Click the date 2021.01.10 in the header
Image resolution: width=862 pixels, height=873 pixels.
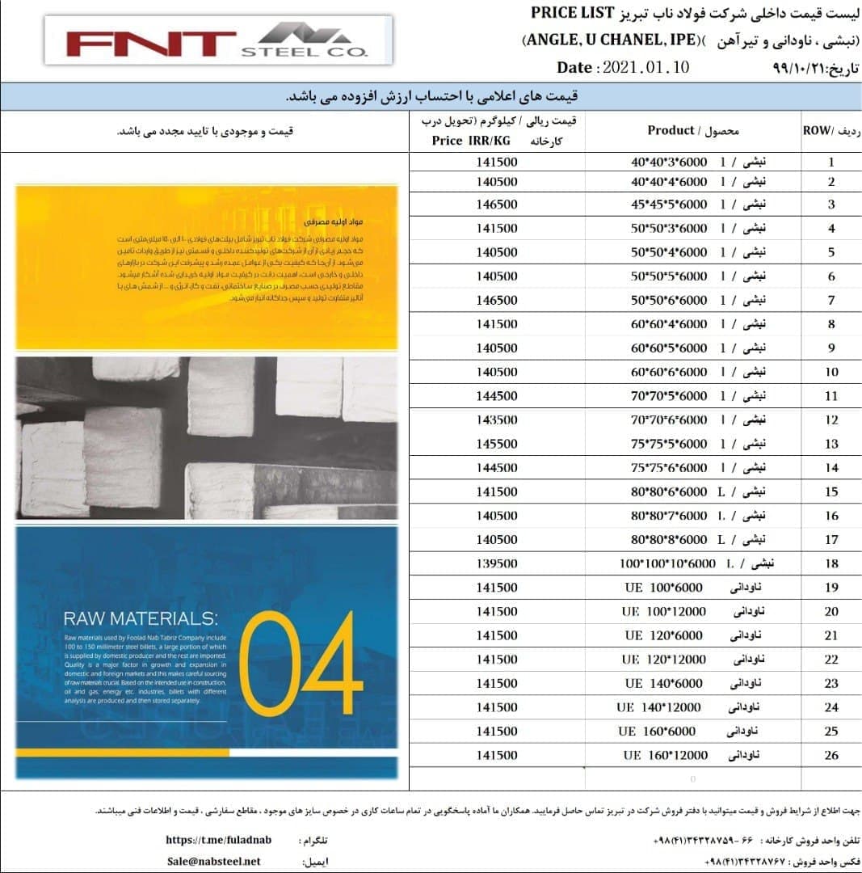point(645,68)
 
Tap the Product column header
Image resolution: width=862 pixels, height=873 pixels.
point(671,130)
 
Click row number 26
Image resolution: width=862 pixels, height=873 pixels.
point(831,757)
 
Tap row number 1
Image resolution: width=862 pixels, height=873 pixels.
point(831,162)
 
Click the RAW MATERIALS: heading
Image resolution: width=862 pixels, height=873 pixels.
point(140,619)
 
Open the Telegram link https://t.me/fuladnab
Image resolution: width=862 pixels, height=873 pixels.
point(218,840)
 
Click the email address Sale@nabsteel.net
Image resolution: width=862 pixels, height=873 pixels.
point(213,861)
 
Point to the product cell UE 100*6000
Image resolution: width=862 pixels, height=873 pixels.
point(664,587)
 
